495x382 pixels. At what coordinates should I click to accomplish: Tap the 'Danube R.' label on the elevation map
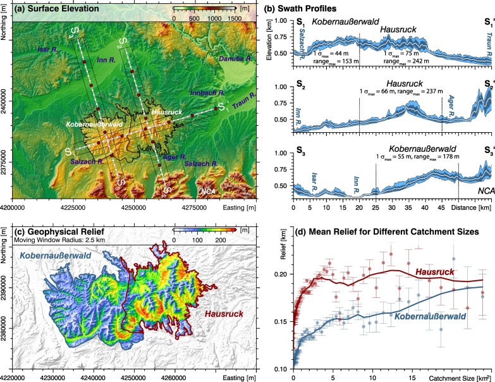tap(235, 59)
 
